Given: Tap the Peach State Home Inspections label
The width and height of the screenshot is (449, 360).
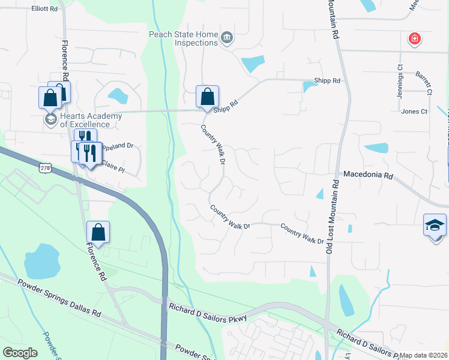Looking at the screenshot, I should click(183, 38).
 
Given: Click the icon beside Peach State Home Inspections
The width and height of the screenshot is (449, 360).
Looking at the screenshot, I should click(227, 39).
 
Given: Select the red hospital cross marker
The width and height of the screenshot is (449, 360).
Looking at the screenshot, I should click(414, 40).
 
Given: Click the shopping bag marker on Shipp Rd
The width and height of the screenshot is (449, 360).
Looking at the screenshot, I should click(207, 96).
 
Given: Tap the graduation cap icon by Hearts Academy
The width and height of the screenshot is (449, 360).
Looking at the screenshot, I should click(50, 119).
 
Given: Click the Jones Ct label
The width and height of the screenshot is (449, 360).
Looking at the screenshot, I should click(414, 112).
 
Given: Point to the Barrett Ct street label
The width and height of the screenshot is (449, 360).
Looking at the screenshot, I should click(424, 83).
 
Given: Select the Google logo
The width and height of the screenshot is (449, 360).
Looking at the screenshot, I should click(20, 353).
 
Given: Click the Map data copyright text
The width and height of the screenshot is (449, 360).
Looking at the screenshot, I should click(423, 355).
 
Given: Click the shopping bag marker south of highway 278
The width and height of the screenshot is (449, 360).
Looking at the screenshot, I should click(98, 232).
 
